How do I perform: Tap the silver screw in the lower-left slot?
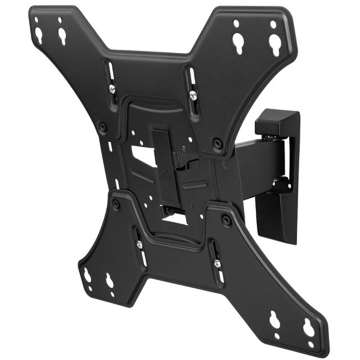pos(139,244)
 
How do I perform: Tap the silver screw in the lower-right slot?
pos(215,262)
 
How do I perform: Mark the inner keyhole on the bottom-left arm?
pos(109,280)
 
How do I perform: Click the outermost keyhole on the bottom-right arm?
pos(308,327)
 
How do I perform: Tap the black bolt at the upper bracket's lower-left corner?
pos(102,127)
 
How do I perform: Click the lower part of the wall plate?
pos(278,214)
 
